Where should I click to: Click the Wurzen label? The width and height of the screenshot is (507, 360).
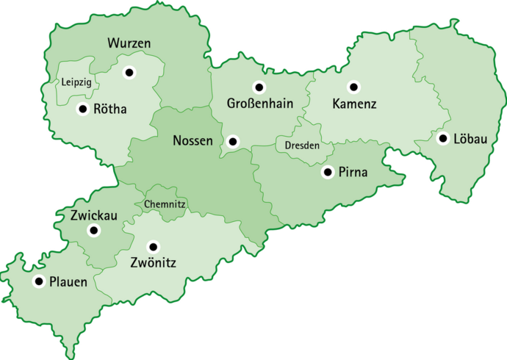[129, 44]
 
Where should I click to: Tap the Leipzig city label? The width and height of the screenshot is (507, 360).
[76, 82]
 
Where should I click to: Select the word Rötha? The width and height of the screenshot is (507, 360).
[111, 110]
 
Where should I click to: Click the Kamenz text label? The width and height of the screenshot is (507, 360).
[354, 104]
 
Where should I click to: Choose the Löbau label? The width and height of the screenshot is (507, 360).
[470, 139]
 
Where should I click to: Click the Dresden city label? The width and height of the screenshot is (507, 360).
[302, 145]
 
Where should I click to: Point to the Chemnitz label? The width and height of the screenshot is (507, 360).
[165, 204]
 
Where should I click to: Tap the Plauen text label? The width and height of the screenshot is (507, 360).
[68, 281]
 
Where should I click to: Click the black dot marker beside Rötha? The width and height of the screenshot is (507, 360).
[82, 109]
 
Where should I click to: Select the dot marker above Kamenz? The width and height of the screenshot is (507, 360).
[353, 87]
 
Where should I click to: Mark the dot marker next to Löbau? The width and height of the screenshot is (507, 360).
[443, 138]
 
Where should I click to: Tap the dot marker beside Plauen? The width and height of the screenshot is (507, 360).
[38, 281]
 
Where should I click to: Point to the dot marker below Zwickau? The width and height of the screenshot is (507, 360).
[93, 231]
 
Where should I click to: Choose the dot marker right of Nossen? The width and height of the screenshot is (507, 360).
[233, 140]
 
